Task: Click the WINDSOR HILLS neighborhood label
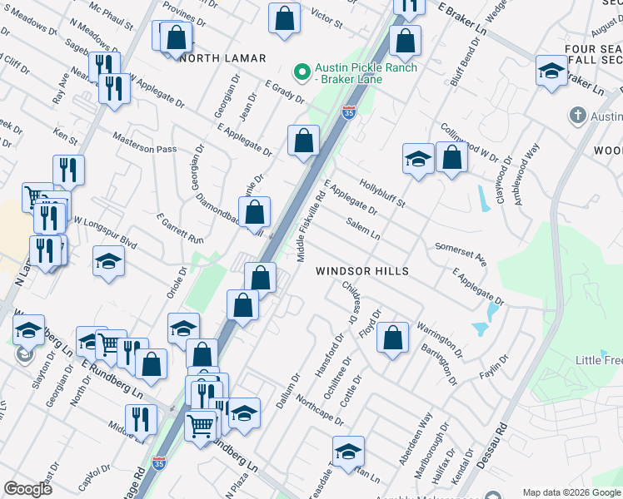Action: click(362, 272)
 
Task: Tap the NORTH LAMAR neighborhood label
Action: click(223, 58)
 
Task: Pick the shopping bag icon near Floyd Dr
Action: click(392, 338)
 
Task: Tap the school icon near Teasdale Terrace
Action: click(348, 452)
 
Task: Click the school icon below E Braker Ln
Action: click(551, 71)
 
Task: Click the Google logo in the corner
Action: click(28, 490)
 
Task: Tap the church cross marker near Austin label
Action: click(576, 115)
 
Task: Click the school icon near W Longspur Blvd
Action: click(108, 262)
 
